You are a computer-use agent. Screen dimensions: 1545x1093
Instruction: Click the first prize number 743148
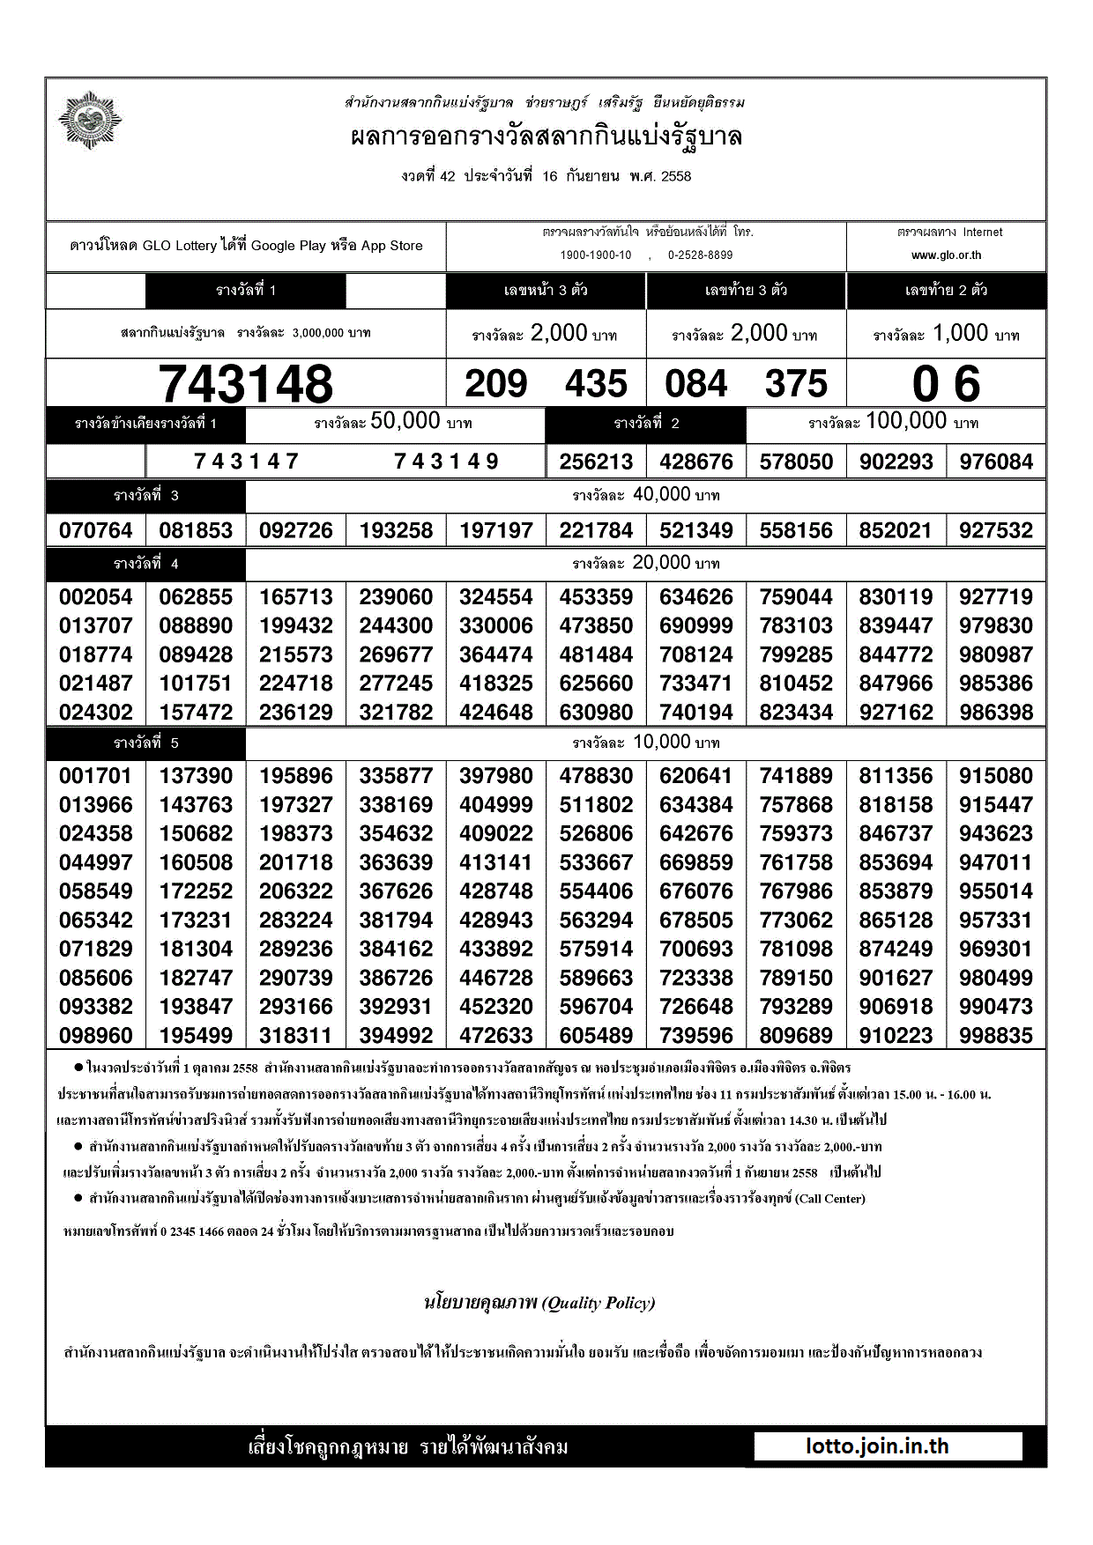pos(246,384)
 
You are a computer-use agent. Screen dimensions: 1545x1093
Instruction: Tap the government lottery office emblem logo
pos(89,120)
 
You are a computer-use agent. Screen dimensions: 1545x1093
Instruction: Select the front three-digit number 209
pos(496,384)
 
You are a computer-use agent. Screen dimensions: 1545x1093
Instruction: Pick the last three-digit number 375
pos(797,384)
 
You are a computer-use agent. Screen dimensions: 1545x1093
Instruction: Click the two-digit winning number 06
pos(946,384)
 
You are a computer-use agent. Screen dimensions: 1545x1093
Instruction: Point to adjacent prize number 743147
pos(247,461)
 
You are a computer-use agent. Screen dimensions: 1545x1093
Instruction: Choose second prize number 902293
pos(896,462)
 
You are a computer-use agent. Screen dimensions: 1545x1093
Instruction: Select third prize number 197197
pos(496,530)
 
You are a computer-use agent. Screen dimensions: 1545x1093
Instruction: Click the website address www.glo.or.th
pos(946,255)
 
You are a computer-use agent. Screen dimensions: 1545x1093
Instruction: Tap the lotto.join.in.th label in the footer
pos(877,1446)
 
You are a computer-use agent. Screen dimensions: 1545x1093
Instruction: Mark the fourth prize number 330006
pos(496,625)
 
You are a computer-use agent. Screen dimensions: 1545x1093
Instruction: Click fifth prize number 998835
pos(996,1035)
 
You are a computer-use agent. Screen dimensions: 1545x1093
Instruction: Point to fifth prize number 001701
pos(96,776)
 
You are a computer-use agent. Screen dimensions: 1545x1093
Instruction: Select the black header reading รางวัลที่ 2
pos(646,424)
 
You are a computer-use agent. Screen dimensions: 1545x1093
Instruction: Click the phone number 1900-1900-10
pos(596,255)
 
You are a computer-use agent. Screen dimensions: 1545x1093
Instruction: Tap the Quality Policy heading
pos(539,1303)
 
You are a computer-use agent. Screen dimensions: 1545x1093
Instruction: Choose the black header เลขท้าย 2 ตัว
pos(946,291)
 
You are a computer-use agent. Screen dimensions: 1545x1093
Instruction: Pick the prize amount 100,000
pos(906,421)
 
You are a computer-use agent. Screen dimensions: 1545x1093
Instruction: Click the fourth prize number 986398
pos(996,712)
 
